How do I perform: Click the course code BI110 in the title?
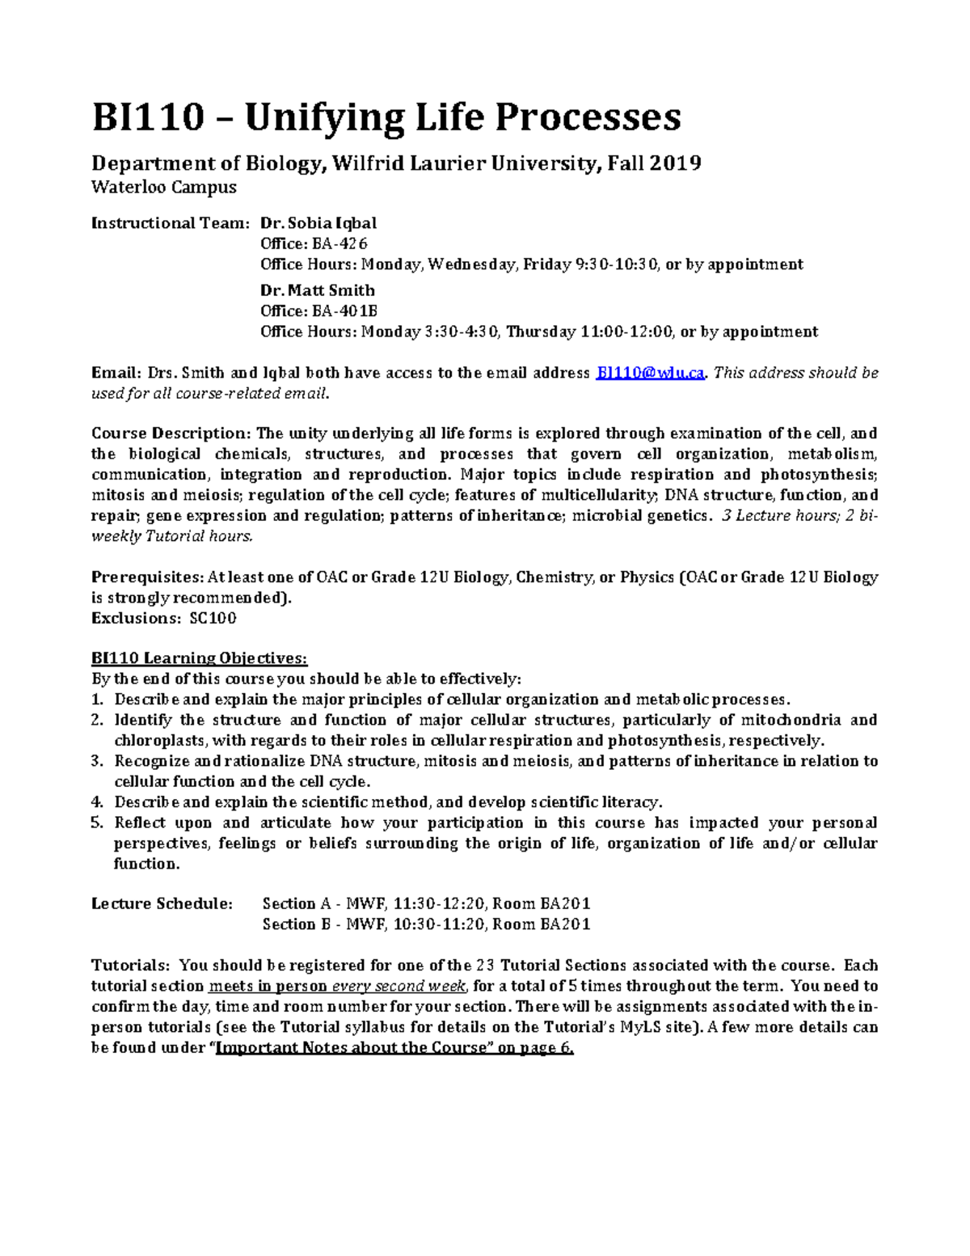coord(147,118)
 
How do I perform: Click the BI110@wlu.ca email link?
coord(650,373)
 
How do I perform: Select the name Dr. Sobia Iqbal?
coord(318,223)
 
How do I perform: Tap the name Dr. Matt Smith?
coord(317,290)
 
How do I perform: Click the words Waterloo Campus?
coord(164,188)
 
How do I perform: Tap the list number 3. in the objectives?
coord(98,761)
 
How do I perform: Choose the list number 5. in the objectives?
coord(98,823)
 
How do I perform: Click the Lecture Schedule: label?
coord(162,904)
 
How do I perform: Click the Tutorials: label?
coord(130,966)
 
